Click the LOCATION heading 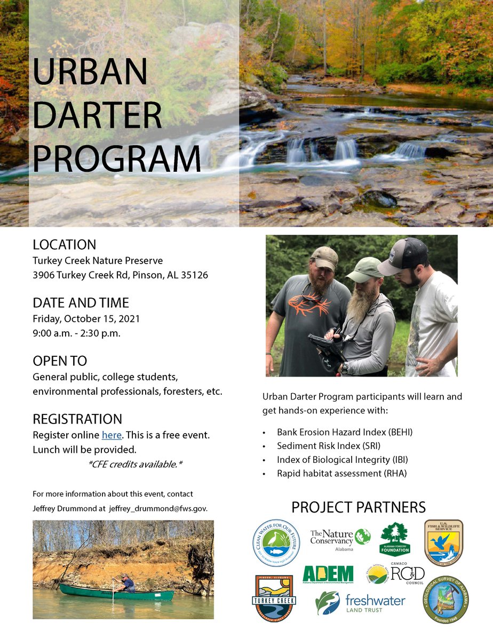tap(65, 245)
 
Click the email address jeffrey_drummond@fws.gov tap(158, 508)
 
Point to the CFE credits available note tap(136, 464)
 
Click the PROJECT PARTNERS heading tap(359, 507)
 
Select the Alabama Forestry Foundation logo tap(395, 539)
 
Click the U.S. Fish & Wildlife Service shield tap(443, 542)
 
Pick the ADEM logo tap(328, 575)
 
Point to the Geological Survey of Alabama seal tap(446, 601)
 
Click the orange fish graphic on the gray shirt tap(310, 306)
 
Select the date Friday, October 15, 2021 tap(86, 319)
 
